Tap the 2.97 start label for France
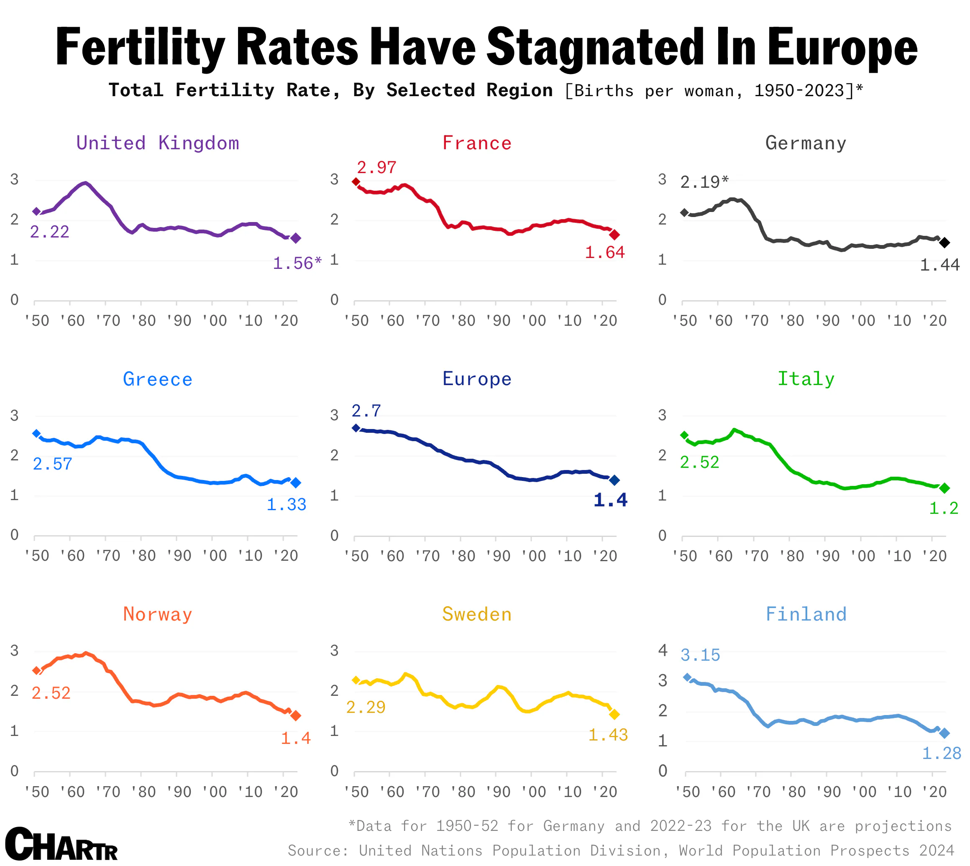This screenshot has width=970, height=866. click(376, 168)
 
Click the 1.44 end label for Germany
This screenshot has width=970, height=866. click(939, 265)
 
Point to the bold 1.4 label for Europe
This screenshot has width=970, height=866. click(610, 500)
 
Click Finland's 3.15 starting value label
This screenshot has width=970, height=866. click(700, 655)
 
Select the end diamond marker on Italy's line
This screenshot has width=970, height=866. click(944, 488)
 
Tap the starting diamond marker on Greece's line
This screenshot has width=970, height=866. click(36, 434)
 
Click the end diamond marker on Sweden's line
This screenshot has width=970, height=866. click(614, 714)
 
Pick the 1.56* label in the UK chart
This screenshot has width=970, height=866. click(297, 263)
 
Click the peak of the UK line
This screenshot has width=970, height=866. click(85, 183)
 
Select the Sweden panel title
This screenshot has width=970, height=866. click(476, 614)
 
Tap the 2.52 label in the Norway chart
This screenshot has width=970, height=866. click(51, 693)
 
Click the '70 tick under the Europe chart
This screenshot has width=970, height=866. click(427, 556)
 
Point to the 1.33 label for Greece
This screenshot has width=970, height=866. click(286, 504)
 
